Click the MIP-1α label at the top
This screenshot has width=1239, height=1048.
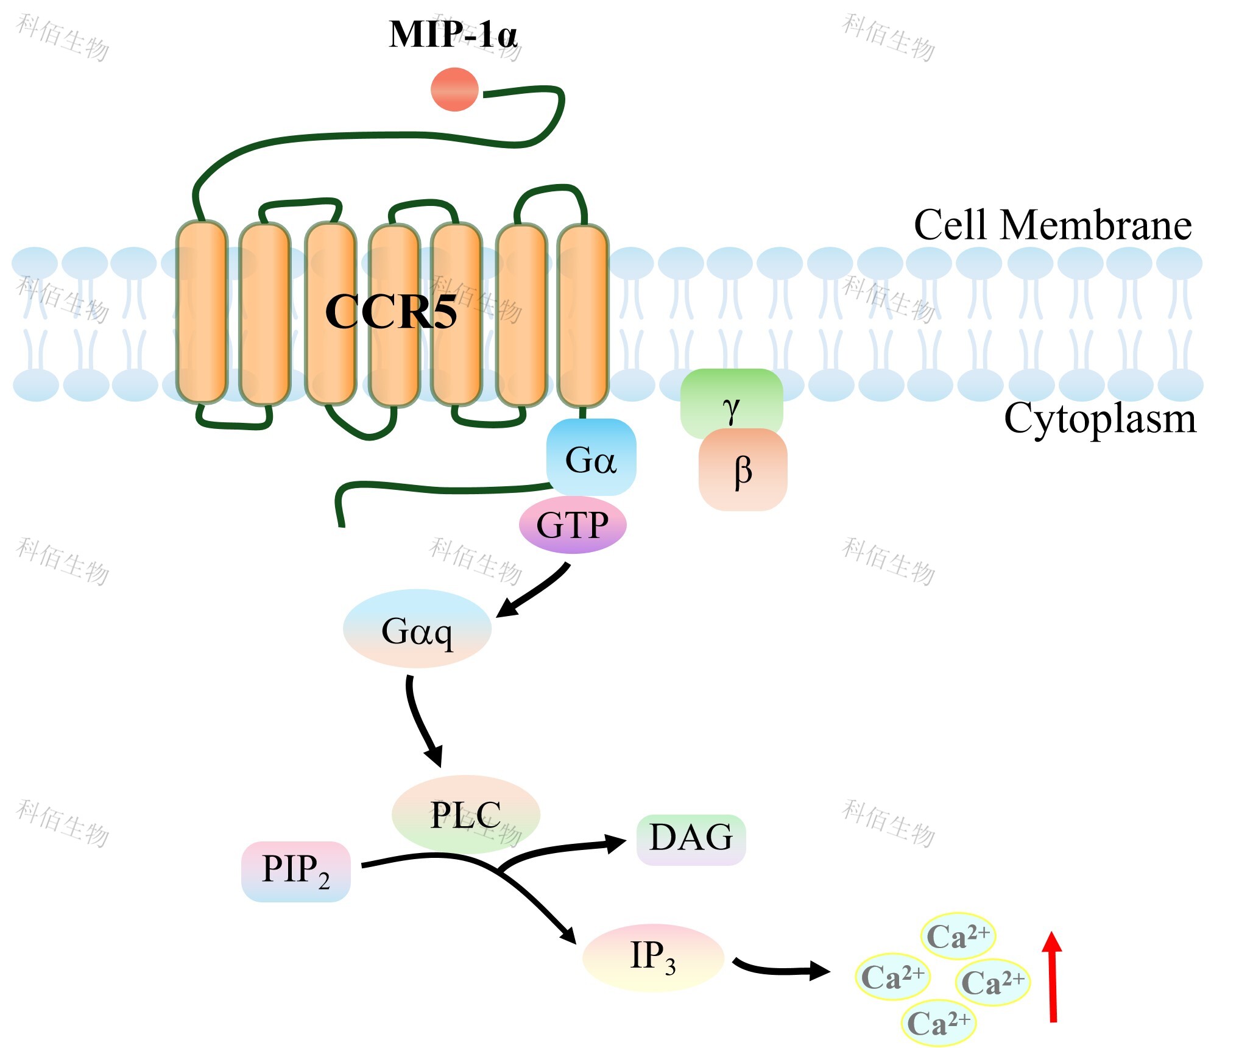(453, 35)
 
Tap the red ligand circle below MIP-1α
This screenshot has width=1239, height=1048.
(454, 90)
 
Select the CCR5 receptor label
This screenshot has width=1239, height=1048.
(390, 312)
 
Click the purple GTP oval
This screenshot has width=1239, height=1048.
(573, 525)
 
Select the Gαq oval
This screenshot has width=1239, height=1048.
(417, 629)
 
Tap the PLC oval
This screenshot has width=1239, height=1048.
(466, 815)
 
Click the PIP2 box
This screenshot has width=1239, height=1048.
(296, 871)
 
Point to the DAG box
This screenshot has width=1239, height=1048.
(691, 839)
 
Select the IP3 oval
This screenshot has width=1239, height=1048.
(653, 957)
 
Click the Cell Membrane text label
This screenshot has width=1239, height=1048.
(1052, 225)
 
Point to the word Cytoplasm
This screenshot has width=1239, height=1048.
(1100, 419)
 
